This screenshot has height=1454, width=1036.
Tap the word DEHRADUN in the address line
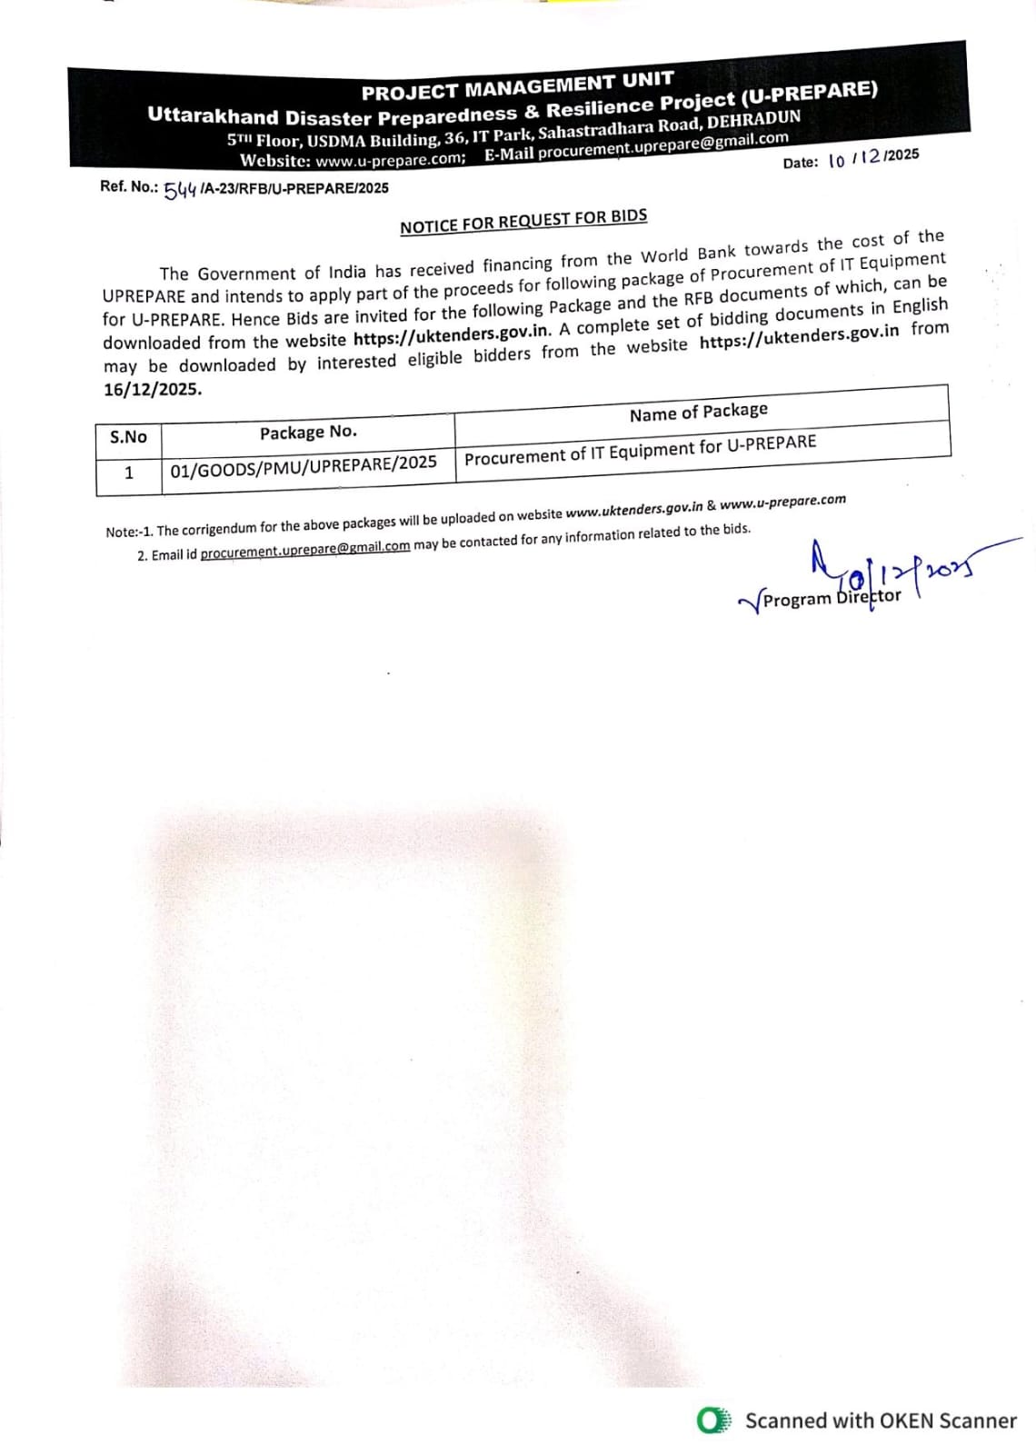[753, 121]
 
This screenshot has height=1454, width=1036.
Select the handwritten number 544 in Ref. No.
[180, 189]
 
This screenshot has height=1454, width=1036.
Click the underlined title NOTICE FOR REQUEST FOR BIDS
[523, 221]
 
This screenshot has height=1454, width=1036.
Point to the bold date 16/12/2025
[153, 389]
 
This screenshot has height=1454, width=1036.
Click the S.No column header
[128, 437]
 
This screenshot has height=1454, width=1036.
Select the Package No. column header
[308, 433]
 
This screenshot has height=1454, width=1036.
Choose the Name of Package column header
[698, 412]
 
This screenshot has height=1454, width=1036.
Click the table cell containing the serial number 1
[129, 473]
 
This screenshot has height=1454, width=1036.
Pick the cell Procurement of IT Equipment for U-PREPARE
[640, 450]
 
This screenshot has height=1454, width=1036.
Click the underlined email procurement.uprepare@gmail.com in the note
[304, 549]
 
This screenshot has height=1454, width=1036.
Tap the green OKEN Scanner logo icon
[712, 1420]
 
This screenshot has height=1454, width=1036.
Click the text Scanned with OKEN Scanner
[880, 1420]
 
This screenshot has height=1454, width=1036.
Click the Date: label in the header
[801, 164]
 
